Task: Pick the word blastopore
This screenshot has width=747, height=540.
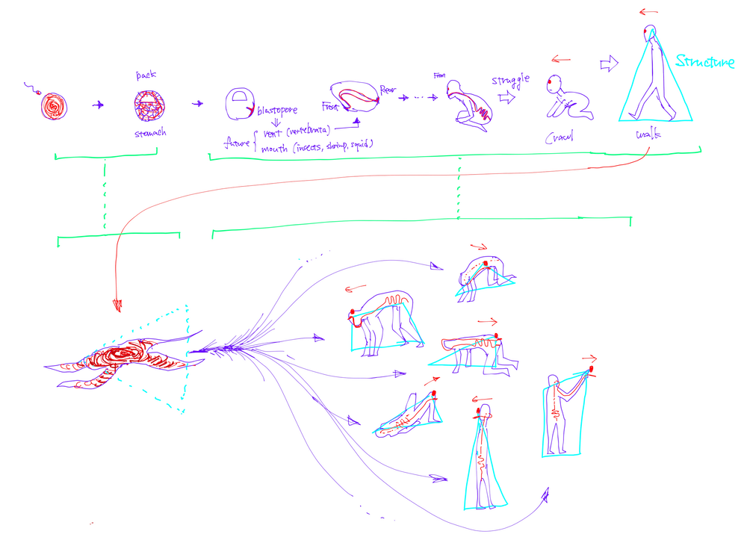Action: pyautogui.click(x=277, y=110)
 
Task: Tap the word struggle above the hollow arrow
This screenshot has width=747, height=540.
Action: pyautogui.click(x=503, y=78)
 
